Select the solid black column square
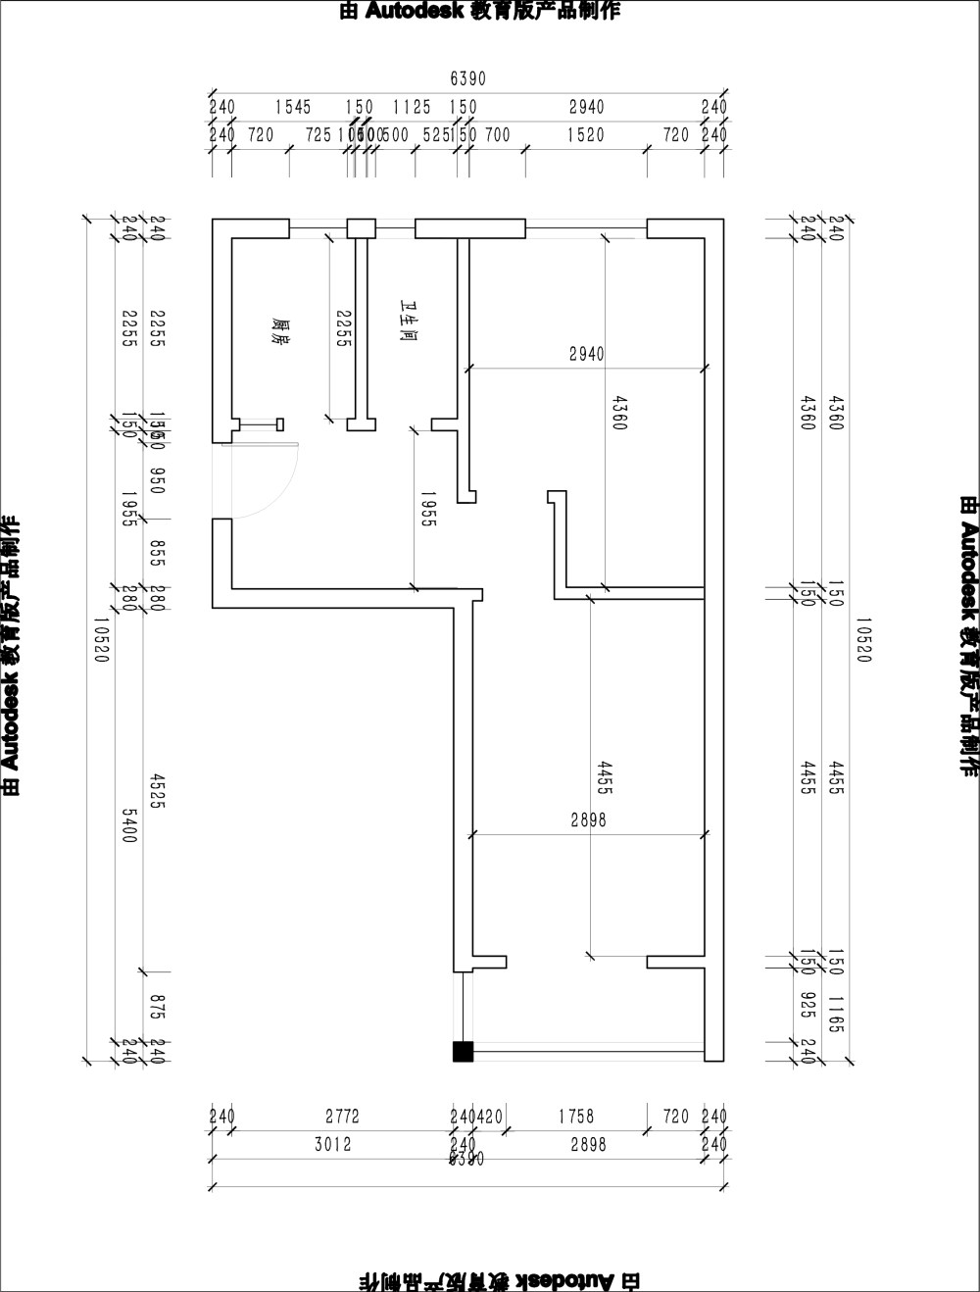(463, 1052)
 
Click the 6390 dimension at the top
(467, 78)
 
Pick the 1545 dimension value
(292, 107)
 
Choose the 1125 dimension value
(412, 107)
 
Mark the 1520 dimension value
(585, 135)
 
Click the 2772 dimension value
(342, 1117)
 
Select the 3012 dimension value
(333, 1144)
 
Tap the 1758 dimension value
(575, 1117)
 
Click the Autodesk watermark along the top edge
(479, 11)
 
